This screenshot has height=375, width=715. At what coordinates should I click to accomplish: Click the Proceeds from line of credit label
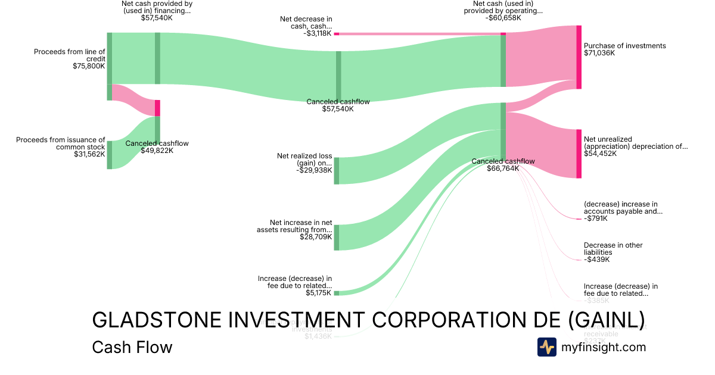69,55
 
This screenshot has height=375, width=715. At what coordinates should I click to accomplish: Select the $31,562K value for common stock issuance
89,154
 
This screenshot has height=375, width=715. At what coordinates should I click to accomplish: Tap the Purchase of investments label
624,46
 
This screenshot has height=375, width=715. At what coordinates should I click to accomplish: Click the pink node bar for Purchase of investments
579,57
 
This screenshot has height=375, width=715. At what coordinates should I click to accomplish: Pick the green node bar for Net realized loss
336,171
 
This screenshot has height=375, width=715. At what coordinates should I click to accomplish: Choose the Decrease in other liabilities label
613,249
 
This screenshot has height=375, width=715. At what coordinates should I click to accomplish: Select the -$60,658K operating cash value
503,18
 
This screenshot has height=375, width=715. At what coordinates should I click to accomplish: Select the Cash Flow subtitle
132,348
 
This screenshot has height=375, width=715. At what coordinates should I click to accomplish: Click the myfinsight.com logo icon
547,347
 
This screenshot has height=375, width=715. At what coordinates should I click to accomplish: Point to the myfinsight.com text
604,347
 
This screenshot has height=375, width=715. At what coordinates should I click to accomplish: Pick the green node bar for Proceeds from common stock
110,155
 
